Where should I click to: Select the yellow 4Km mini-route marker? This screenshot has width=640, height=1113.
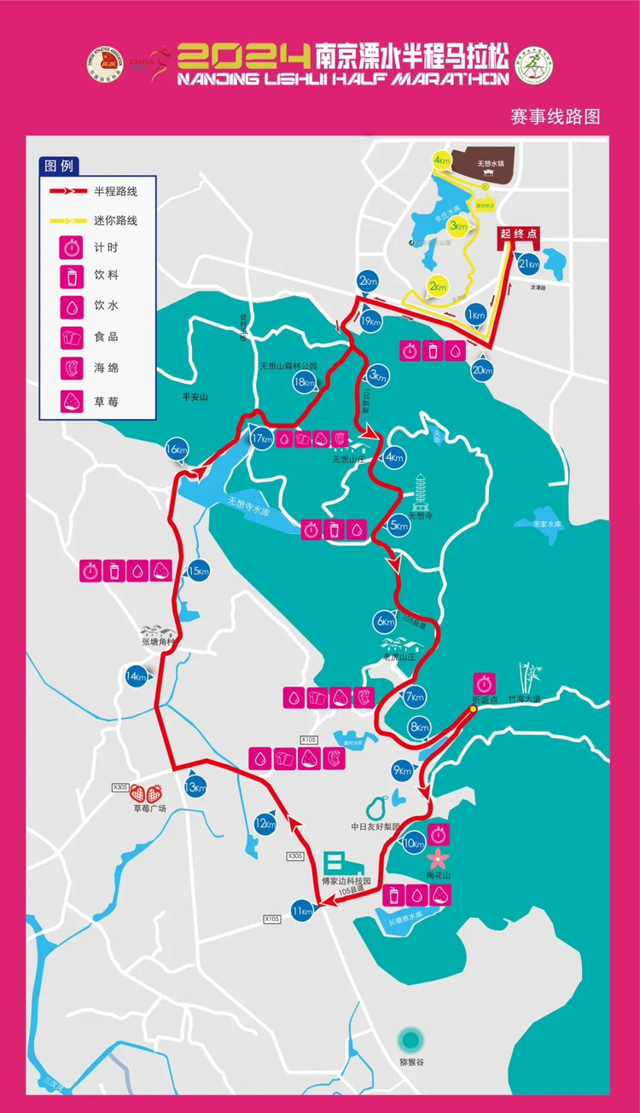coord(441,160)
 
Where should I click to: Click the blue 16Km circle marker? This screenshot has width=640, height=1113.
coord(177,449)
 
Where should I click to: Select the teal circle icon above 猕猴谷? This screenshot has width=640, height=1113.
coord(411,1040)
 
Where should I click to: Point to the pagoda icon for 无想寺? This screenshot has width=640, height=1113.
coord(421,491)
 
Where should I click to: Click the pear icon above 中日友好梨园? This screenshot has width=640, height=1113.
coord(377,806)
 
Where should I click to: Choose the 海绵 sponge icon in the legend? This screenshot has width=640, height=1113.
coord(69,368)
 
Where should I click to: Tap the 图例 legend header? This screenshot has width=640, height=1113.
coord(61,165)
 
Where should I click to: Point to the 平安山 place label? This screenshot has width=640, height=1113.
coord(195,397)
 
